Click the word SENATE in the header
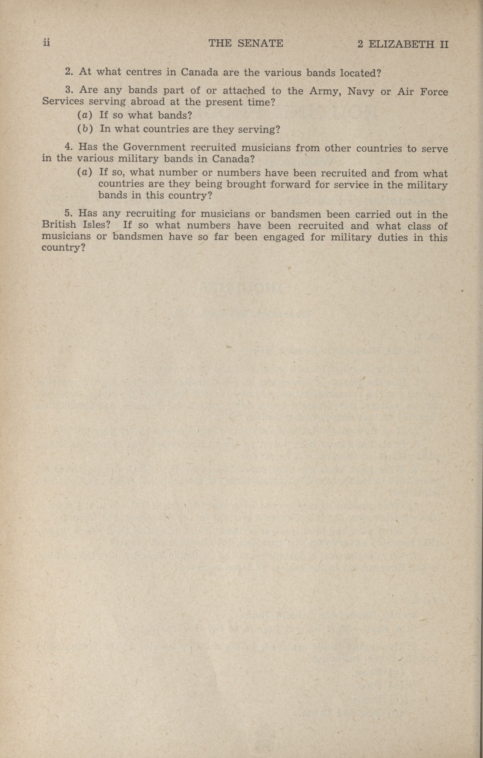tap(260, 43)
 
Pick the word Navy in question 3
tap(361, 92)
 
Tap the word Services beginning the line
tap(63, 101)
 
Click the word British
tap(59, 224)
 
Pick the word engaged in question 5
tap(283, 237)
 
